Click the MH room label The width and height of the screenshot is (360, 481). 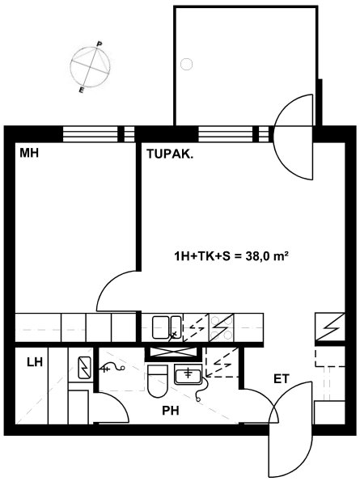29,153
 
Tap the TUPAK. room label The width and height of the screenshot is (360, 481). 171,154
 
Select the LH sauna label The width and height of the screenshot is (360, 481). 34,362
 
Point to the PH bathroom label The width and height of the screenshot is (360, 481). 171,411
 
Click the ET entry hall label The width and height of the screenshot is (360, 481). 282,379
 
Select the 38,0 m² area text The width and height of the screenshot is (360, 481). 266,255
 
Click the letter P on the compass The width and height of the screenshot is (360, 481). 99,44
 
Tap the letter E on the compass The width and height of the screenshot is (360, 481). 81,90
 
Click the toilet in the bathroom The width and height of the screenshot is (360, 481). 158,381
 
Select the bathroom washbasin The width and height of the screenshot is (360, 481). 188,374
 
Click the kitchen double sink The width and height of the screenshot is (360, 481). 167,327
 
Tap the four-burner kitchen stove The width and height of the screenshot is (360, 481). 221,327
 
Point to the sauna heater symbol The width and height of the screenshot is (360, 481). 84,368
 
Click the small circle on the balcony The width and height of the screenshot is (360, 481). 186,65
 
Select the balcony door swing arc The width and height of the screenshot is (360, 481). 293,137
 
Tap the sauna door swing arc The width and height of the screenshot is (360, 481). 118,403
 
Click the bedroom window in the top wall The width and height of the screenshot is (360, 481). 99,134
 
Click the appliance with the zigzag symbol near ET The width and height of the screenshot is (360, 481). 330,327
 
